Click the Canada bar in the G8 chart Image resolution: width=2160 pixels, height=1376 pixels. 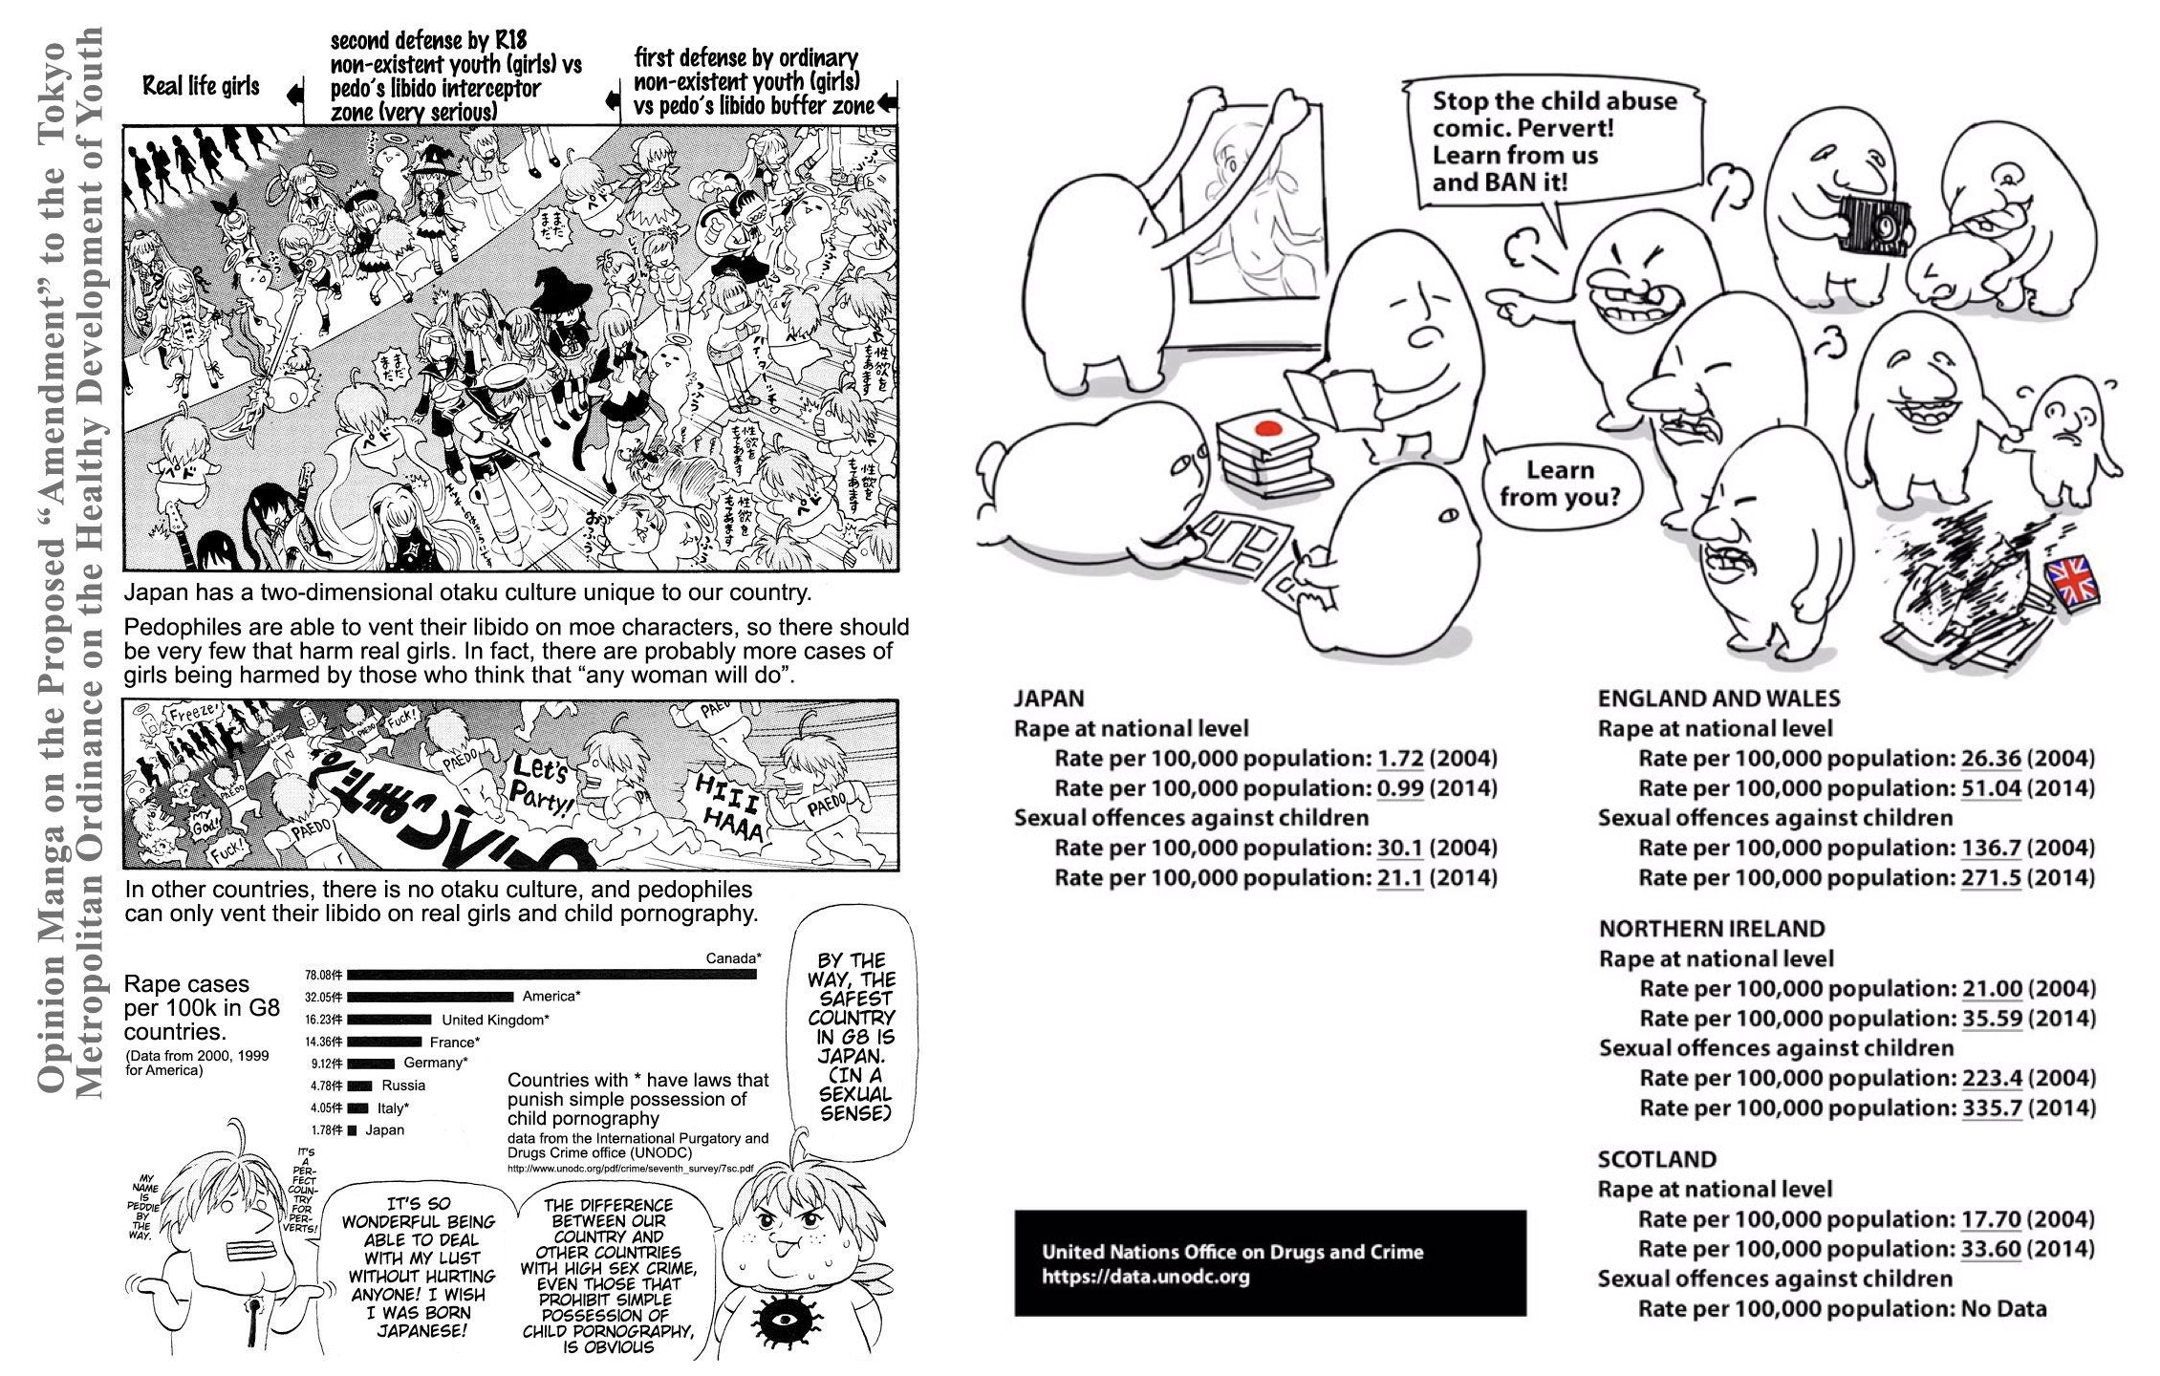[551, 975]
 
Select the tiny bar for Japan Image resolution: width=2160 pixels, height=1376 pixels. [353, 1130]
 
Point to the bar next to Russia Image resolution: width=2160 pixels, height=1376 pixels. [360, 1086]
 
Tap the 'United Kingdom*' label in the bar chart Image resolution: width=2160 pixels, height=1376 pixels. [495, 1020]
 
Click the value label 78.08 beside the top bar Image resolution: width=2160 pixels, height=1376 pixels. [323, 975]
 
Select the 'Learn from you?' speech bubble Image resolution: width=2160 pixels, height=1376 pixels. [1561, 484]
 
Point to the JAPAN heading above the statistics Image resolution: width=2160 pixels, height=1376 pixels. [1048, 699]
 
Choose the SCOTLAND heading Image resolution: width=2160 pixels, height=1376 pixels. [1656, 1159]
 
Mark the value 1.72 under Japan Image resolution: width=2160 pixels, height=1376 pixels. [1400, 759]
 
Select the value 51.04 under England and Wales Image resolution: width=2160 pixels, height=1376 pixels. [1991, 788]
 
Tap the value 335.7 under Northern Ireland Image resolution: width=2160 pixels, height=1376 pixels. [1992, 1107]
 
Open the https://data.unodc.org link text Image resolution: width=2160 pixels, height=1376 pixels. [1145, 1277]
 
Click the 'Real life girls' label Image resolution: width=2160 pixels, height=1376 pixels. [201, 87]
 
